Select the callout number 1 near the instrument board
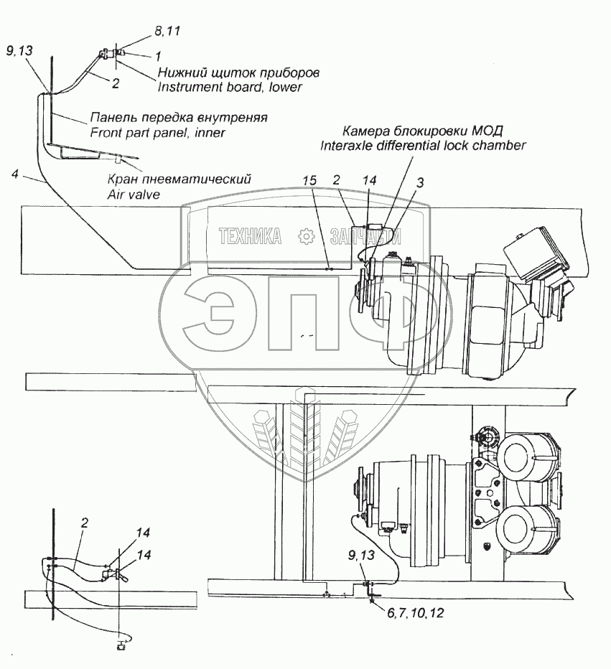(x=157, y=55)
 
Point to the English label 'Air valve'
(x=133, y=195)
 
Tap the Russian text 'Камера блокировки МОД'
(x=422, y=131)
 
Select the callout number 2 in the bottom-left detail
(x=84, y=523)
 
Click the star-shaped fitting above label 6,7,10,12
(x=372, y=601)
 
